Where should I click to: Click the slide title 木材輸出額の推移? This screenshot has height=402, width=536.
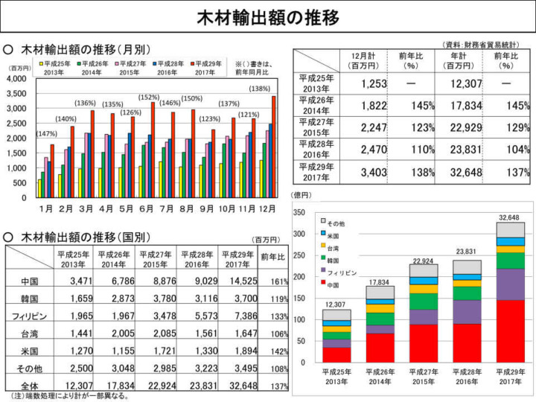[x=267, y=16]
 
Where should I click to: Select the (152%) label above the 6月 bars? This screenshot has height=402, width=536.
[x=148, y=97]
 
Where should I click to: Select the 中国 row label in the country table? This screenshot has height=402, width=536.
[x=29, y=282]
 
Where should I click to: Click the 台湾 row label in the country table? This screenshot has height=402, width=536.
[x=29, y=334]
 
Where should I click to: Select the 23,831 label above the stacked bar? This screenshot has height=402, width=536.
[x=468, y=252]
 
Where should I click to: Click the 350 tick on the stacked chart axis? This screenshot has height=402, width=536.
[x=299, y=213]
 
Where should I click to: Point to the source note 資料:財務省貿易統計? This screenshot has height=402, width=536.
[x=482, y=45]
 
